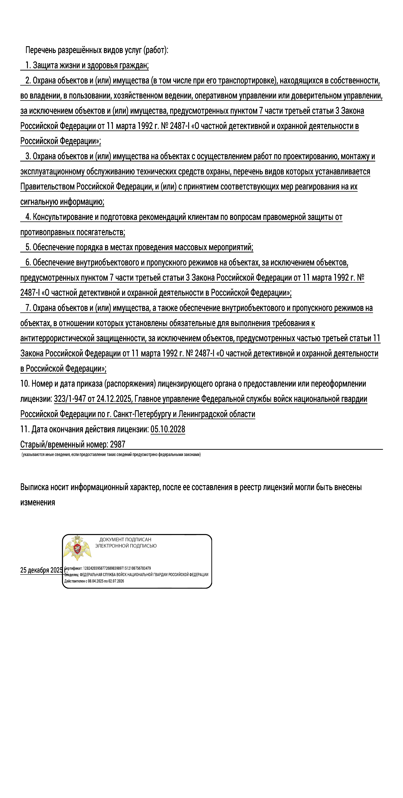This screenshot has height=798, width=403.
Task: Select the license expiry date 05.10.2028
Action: (x=168, y=429)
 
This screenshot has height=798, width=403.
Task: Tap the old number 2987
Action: (x=118, y=444)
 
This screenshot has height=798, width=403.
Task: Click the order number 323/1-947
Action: (x=70, y=399)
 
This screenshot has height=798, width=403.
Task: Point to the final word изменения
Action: (x=38, y=502)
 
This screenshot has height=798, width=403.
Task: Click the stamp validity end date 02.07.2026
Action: (x=116, y=581)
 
